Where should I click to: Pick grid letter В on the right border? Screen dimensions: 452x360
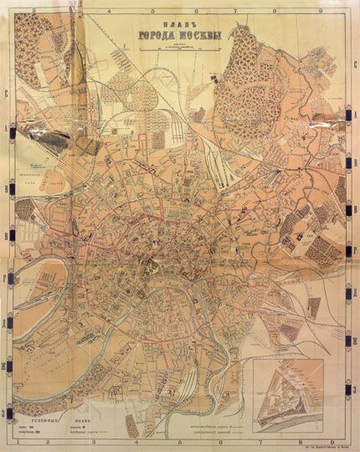tap(354, 228)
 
